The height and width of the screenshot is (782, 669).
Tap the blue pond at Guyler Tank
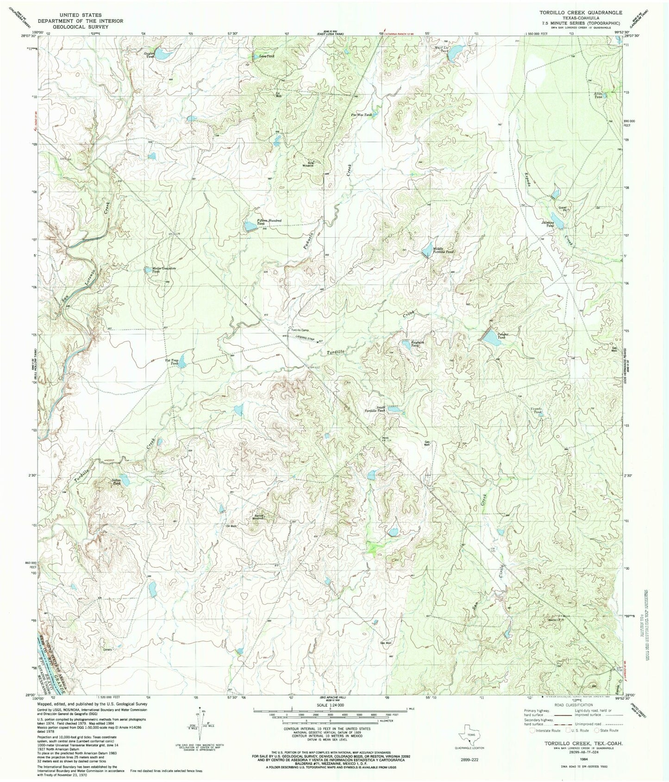click(162, 55)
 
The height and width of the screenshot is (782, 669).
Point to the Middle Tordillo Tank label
click(444, 250)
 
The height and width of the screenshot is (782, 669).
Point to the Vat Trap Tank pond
click(183, 360)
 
